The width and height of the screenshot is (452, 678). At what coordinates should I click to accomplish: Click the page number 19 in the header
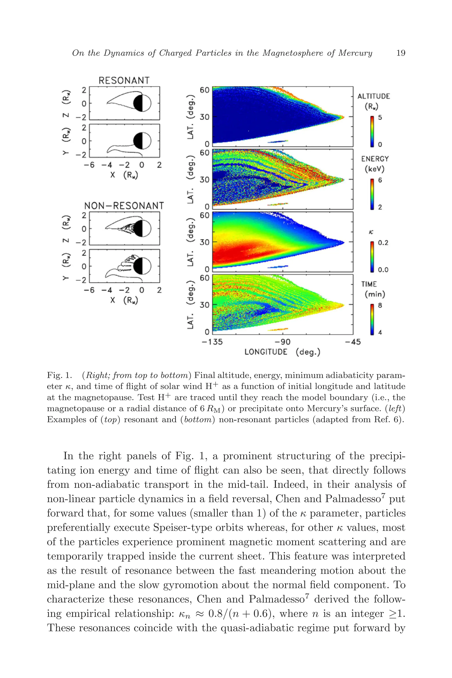pyautogui.click(x=401, y=53)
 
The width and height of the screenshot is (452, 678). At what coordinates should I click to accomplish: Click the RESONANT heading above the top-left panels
pyautogui.click(x=124, y=80)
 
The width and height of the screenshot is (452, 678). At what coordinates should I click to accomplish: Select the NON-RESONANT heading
pyautogui.click(x=124, y=206)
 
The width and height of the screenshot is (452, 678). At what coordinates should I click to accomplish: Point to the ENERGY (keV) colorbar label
pyautogui.click(x=375, y=164)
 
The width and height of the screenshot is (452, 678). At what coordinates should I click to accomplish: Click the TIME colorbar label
pyautogui.click(x=369, y=284)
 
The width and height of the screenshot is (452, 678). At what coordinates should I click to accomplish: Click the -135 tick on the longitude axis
pyautogui.click(x=212, y=342)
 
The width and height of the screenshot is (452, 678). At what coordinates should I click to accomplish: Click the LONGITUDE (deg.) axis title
pyautogui.click(x=282, y=352)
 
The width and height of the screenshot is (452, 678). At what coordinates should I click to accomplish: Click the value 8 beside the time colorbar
pyautogui.click(x=380, y=305)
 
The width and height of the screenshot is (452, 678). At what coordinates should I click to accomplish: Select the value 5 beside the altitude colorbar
pyautogui.click(x=380, y=118)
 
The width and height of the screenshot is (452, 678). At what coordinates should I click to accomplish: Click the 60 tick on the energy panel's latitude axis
pyautogui.click(x=204, y=153)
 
